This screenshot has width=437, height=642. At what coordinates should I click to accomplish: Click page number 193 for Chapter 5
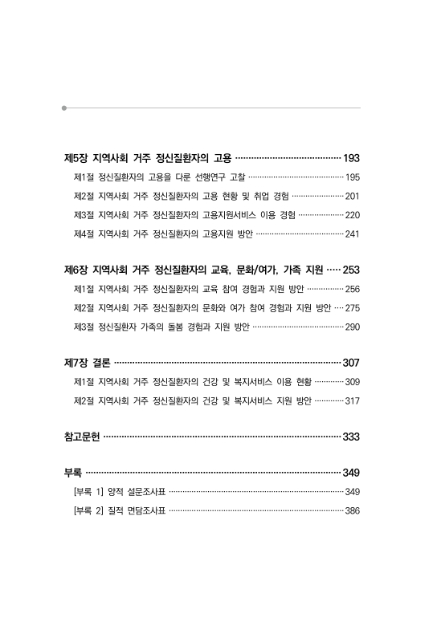tap(351, 158)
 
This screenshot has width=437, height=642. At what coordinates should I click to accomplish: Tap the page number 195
tap(353, 177)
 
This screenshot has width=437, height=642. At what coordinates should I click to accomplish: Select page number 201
tap(353, 196)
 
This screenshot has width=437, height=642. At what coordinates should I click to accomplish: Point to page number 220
tap(353, 215)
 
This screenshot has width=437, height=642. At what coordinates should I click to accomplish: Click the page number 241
tap(353, 234)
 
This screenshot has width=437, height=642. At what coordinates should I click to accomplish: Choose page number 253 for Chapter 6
tap(351, 270)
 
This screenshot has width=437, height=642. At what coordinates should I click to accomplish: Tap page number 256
tap(353, 289)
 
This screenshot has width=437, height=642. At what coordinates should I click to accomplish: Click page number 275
tap(353, 308)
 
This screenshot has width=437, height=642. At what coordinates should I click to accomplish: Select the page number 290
tap(353, 327)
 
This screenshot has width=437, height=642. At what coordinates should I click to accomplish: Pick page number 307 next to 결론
tap(351, 363)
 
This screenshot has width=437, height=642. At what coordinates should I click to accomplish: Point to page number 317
tap(353, 400)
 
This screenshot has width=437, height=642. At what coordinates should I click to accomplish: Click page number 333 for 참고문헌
tap(351, 437)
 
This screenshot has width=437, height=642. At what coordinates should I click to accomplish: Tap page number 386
tap(353, 510)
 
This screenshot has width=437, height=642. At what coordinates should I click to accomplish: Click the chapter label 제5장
tap(76, 158)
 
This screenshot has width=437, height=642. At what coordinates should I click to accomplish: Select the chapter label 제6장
tap(76, 270)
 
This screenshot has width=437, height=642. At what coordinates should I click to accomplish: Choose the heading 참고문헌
tap(81, 437)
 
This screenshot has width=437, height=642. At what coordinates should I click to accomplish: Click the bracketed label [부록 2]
tap(91, 510)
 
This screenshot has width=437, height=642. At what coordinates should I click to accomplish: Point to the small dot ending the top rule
tap(63, 107)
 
